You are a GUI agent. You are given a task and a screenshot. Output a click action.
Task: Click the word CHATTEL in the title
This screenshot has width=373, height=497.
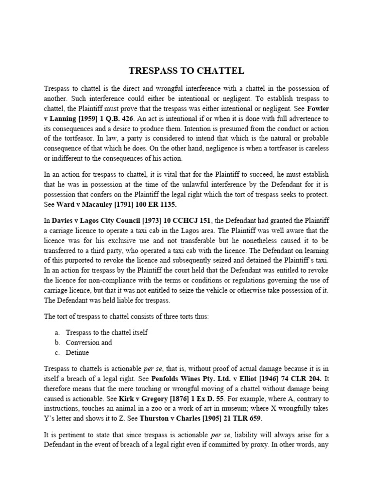[x=221, y=71]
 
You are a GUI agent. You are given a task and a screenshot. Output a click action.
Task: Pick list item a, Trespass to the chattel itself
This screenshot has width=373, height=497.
[x=106, y=332]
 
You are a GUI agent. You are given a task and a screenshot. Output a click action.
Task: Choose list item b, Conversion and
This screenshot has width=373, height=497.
[x=88, y=342]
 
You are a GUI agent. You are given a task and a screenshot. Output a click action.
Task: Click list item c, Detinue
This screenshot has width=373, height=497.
[x=78, y=352]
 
